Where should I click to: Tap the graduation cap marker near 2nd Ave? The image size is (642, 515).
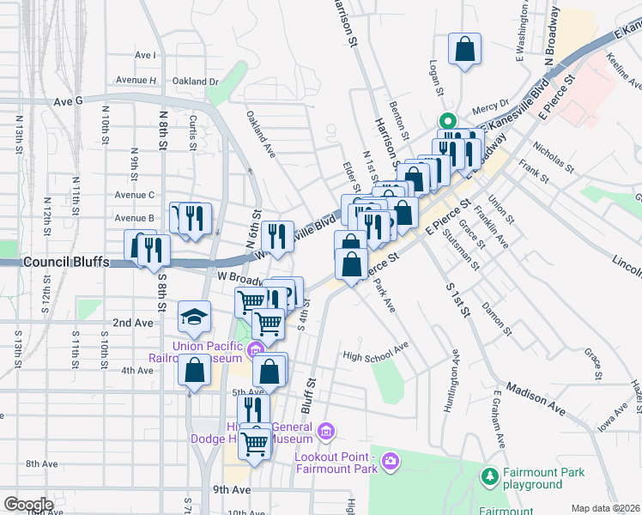[194, 318]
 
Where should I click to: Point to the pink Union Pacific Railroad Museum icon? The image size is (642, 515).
[255, 348]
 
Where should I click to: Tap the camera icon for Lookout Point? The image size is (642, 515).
[391, 463]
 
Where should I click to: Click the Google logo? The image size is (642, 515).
[28, 504]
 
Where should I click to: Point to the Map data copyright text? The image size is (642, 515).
[605, 507]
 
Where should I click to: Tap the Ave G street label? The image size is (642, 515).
[67, 100]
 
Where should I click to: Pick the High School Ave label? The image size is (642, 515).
[375, 353]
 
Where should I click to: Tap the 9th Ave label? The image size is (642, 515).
[232, 489]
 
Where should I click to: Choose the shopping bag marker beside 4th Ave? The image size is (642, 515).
[195, 371]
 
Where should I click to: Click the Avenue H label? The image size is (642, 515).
[136, 81]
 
